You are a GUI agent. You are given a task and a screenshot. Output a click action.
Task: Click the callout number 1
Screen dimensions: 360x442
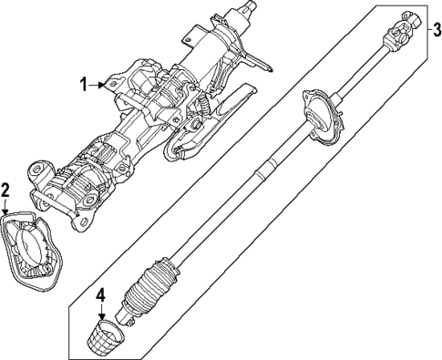point(83,85)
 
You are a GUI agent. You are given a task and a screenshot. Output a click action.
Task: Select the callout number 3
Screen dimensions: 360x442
point(434,29)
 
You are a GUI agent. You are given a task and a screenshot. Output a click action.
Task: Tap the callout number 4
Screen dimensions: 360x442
point(101,294)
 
